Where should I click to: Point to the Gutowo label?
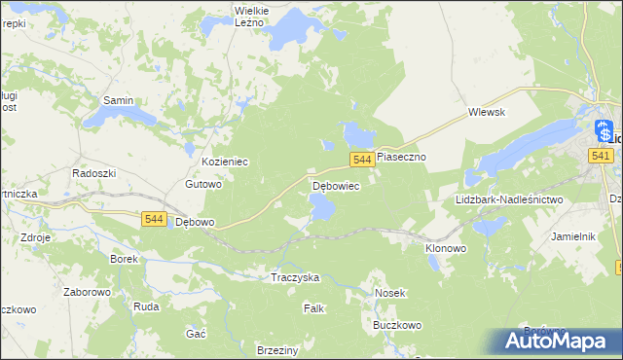pos(204,184)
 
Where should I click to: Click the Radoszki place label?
pos(94,172)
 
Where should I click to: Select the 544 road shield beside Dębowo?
pos(153,220)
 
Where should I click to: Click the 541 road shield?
pos(600,156)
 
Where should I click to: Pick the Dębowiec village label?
pos(336,185)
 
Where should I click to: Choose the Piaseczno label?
pos(402,156)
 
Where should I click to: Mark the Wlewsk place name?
pos(487,112)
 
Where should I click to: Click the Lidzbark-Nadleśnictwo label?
pos(509,199)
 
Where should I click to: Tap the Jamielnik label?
pos(572,236)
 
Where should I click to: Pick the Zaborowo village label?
pos(62,289)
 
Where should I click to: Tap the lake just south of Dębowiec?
pos(322,206)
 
